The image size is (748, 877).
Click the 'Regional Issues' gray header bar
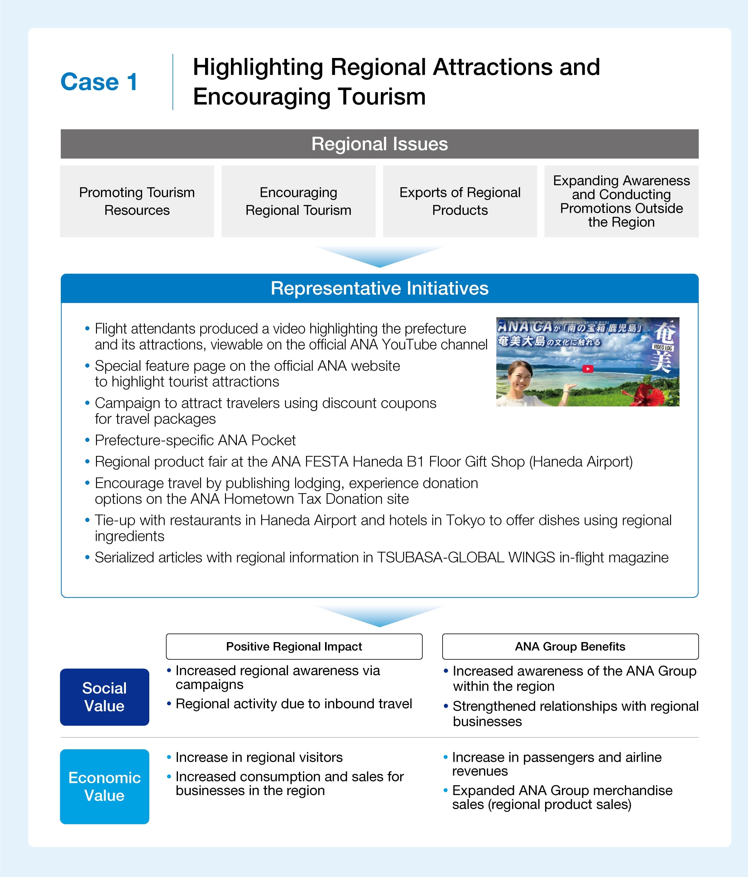(x=379, y=144)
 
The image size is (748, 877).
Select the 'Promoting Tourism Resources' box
(x=137, y=201)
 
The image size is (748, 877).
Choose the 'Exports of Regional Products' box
(x=460, y=201)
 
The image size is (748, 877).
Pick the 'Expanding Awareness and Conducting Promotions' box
(x=621, y=201)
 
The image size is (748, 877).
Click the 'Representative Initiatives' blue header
(x=379, y=288)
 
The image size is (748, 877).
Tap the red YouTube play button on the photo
(x=587, y=369)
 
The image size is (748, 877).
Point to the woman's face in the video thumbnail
(x=520, y=376)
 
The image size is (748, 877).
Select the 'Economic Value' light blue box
(x=104, y=786)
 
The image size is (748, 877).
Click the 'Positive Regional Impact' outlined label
(x=294, y=646)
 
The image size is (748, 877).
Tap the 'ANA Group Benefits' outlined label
(x=570, y=646)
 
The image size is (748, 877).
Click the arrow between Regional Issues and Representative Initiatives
(x=379, y=256)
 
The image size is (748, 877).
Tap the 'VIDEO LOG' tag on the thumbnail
(x=663, y=347)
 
